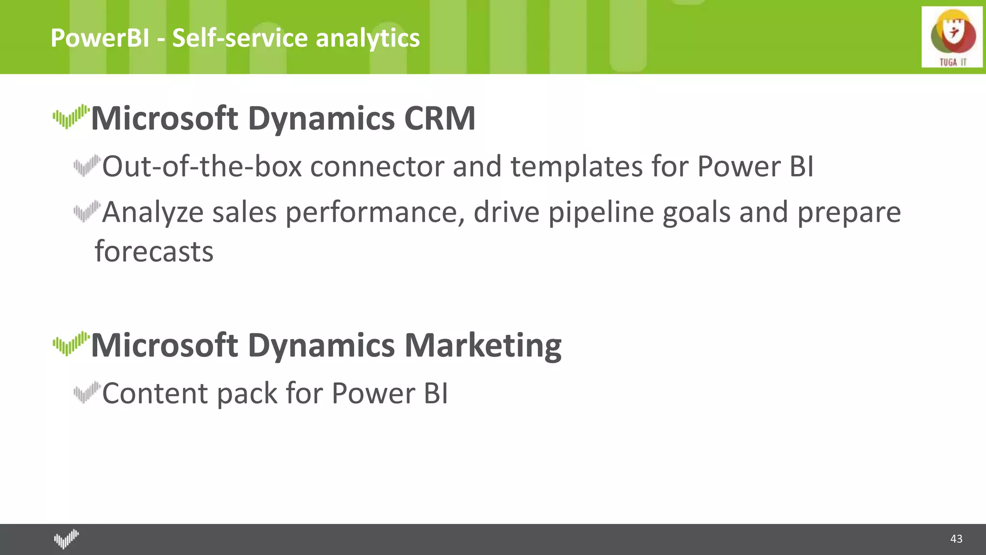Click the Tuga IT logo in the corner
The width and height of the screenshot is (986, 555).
[x=952, y=37]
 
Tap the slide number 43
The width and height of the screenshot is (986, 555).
[x=956, y=539]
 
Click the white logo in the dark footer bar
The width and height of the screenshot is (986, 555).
[x=66, y=539]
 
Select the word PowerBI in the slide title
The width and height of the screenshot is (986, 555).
[x=100, y=38]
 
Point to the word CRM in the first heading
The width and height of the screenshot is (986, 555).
[x=440, y=118]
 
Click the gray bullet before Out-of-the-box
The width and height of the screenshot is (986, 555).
[x=87, y=165]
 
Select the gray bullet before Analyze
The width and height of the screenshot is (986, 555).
[x=87, y=211]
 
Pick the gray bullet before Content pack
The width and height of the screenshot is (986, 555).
[x=87, y=392]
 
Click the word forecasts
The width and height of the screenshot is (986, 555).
[x=154, y=251]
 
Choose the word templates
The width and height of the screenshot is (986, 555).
[x=576, y=166]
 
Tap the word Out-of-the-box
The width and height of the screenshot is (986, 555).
[x=202, y=166]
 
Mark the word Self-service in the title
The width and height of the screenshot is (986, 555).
[x=240, y=38]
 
